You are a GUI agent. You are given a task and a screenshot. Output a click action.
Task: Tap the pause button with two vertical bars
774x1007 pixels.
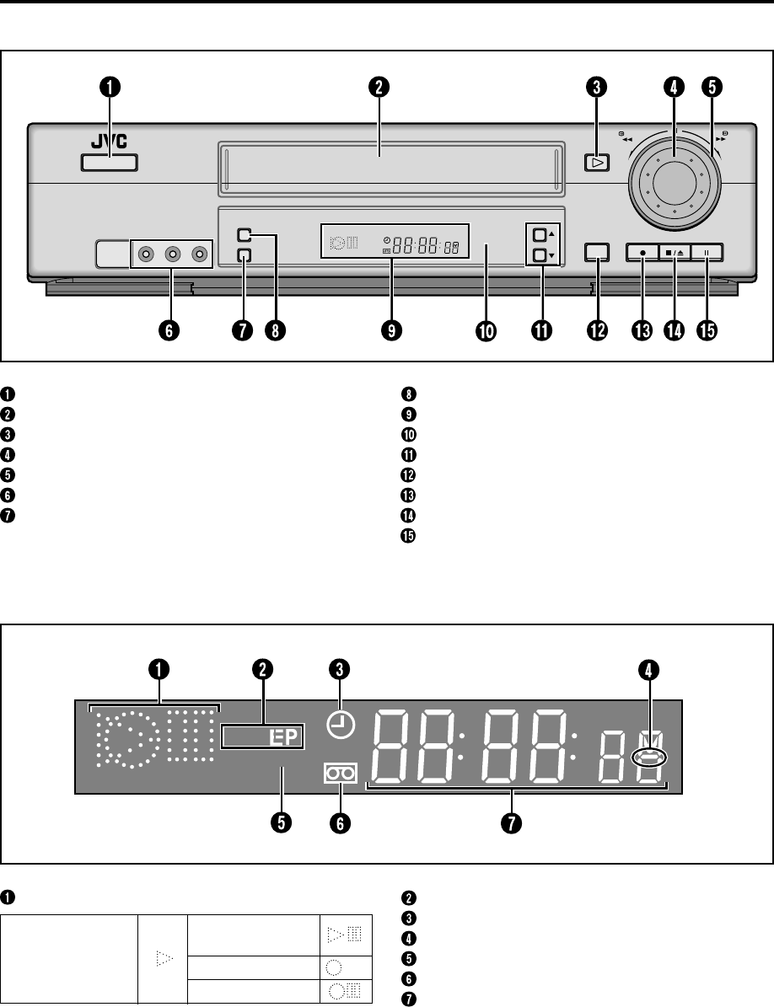706,251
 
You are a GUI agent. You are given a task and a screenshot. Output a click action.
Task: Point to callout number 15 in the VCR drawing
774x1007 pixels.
705,330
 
